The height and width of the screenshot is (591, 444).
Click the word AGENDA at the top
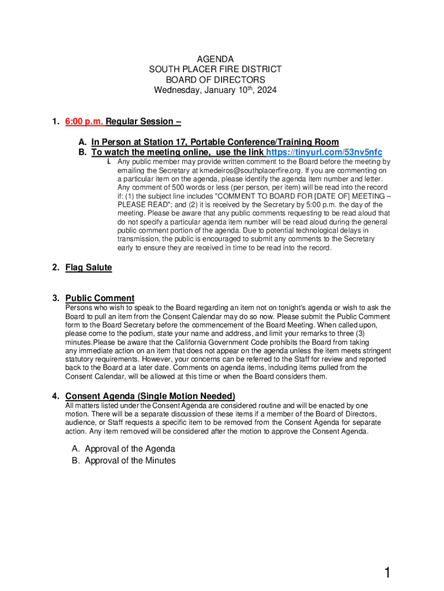(215, 59)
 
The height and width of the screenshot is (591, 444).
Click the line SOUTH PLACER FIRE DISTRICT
(215, 70)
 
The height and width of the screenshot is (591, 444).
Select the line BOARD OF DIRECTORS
(215, 80)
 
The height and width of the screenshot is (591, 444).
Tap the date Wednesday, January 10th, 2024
(215, 91)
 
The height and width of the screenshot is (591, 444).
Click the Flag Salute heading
(88, 268)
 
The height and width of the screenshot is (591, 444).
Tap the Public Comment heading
(100, 298)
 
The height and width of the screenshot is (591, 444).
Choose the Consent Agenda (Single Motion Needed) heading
(150, 396)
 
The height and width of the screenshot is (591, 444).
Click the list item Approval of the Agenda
(130, 449)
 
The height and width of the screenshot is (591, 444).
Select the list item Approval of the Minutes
(130, 461)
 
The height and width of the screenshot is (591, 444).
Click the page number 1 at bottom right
(388, 573)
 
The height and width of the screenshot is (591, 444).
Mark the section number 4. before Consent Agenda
(55, 397)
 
